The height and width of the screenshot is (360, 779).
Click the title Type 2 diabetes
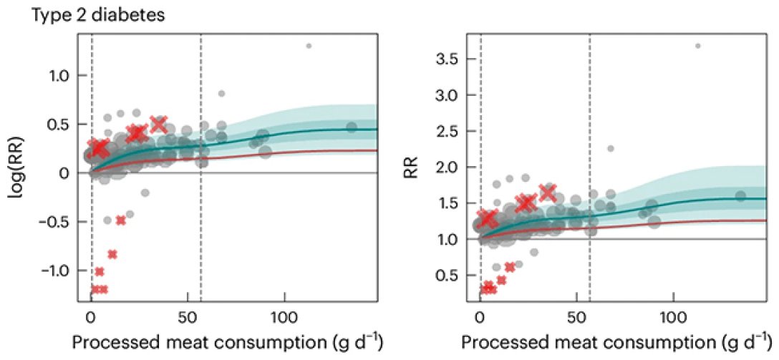pos(97,16)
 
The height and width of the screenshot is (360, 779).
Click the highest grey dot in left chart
pos(309,46)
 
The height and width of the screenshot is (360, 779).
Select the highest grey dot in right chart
pos(697,46)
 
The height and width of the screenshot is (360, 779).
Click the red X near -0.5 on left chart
pos(121,220)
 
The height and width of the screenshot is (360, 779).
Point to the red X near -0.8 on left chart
pos(112,253)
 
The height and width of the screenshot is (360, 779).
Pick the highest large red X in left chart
pos(158,124)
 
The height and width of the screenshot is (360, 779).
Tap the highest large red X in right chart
pos(548,192)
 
